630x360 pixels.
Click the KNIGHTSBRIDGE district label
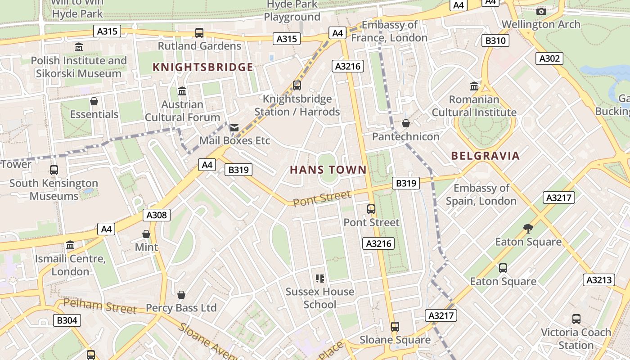pyautogui.click(x=203, y=67)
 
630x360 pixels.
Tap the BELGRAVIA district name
pyautogui.click(x=485, y=156)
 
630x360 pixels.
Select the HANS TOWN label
pyautogui.click(x=328, y=170)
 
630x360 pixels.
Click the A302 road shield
pyautogui.click(x=549, y=58)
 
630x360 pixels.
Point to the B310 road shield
pyautogui.click(x=495, y=41)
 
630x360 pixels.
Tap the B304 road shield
pyautogui.click(x=67, y=320)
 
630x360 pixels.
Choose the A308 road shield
pyautogui.click(x=157, y=215)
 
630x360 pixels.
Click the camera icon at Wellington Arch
pyautogui.click(x=541, y=11)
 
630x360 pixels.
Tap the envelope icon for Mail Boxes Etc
pyautogui.click(x=234, y=128)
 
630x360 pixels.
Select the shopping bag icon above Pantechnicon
pyautogui.click(x=406, y=123)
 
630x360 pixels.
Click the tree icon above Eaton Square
pyautogui.click(x=528, y=229)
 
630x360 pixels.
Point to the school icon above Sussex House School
pyautogui.click(x=320, y=279)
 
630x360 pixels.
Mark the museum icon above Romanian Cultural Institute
pyautogui.click(x=474, y=86)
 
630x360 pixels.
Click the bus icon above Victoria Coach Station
pyautogui.click(x=576, y=319)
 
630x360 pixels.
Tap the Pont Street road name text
pyautogui.click(x=322, y=198)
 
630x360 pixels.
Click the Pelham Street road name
pyautogui.click(x=99, y=306)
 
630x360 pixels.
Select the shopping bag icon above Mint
pyautogui.click(x=146, y=234)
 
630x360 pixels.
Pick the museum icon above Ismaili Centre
pyautogui.click(x=70, y=246)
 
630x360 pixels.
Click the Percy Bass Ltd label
pyautogui.click(x=181, y=308)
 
